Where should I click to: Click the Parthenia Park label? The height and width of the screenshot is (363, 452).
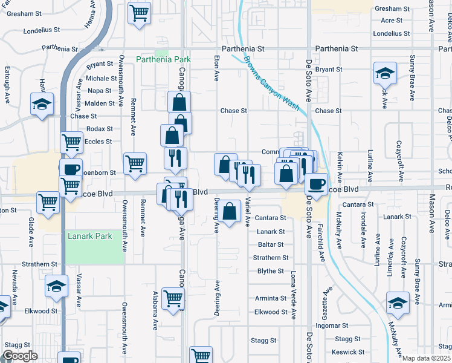pyautogui.click(x=163, y=59)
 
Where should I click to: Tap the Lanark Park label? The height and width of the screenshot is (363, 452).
pyautogui.click(x=89, y=237)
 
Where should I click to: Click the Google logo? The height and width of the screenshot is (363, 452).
pyautogui.click(x=19, y=355)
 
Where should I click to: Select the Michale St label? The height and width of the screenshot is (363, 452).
pyautogui.click(x=101, y=78)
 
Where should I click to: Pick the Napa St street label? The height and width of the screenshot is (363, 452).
pyautogui.click(x=100, y=91)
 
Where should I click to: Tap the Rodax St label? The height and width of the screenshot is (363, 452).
pyautogui.click(x=100, y=129)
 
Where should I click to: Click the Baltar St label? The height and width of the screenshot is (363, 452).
pyautogui.click(x=270, y=244)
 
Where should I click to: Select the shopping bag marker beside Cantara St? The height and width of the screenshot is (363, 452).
pyautogui.click(x=229, y=212)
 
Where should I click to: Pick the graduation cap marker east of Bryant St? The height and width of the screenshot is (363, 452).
pyautogui.click(x=384, y=74)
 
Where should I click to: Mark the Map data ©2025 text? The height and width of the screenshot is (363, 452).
pyautogui.click(x=427, y=358)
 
